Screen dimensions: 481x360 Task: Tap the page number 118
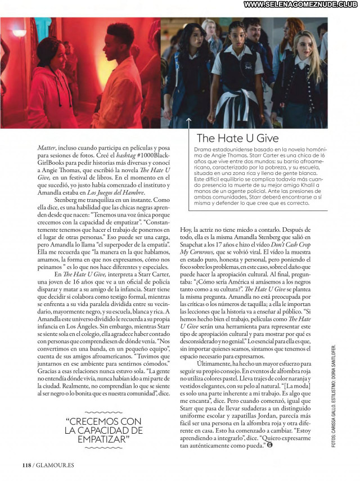tap(26, 465)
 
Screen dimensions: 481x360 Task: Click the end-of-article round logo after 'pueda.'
tap(271, 445)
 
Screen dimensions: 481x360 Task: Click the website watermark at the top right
tap(301, 5)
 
